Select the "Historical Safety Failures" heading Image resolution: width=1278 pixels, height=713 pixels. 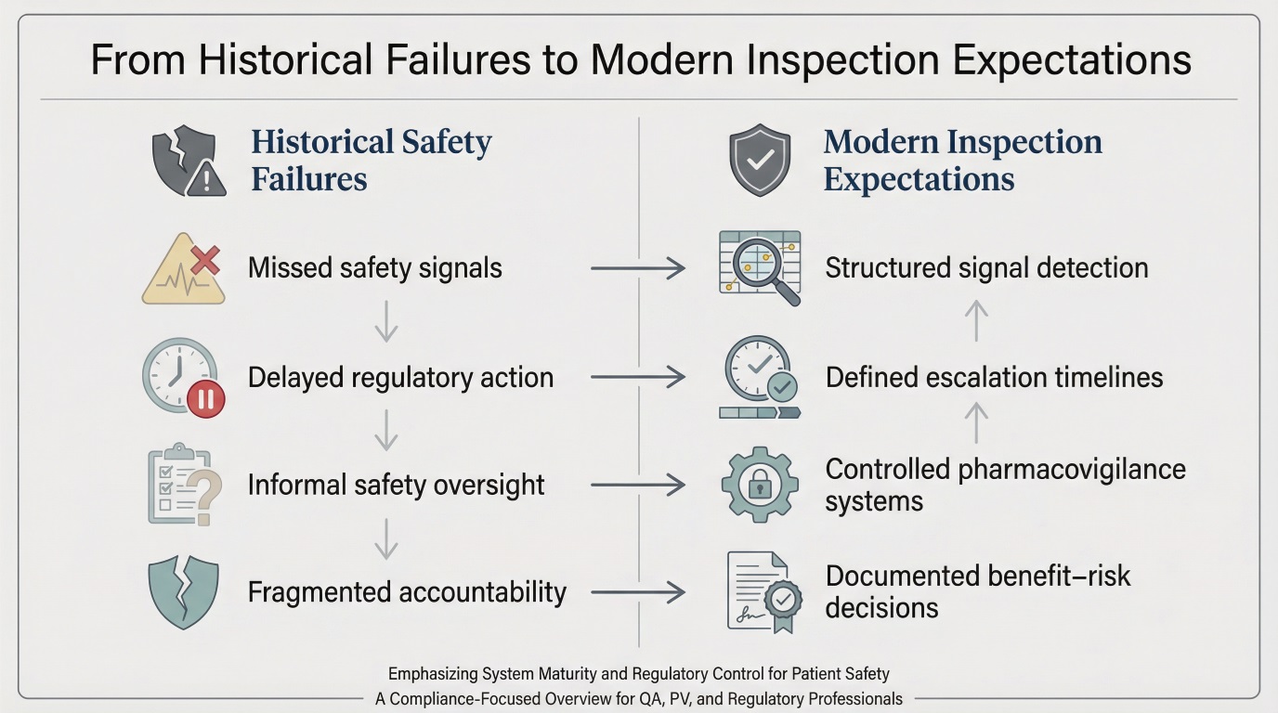click(372, 160)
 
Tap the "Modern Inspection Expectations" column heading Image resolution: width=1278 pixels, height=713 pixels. click(962, 160)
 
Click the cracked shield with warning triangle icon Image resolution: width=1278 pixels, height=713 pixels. click(189, 162)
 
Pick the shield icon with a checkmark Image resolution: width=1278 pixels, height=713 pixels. click(761, 162)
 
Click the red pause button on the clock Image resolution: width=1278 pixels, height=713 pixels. click(206, 399)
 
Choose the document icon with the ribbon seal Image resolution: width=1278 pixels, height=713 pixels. click(758, 591)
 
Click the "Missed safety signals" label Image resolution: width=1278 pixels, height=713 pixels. click(374, 269)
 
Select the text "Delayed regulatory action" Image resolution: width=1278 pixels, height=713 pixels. click(400, 378)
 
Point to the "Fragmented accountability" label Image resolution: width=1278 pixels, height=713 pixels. click(407, 591)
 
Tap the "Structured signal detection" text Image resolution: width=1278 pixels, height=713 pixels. click(986, 268)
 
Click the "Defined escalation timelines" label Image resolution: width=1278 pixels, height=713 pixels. click(994, 378)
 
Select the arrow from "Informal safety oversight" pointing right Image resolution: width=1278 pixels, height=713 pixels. click(637, 485)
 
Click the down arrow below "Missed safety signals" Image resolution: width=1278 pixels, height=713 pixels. click(385, 321)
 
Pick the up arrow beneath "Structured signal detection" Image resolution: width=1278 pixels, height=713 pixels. click(975, 321)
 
